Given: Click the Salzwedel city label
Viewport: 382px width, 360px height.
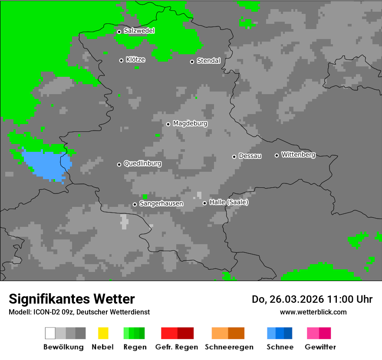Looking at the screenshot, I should tap(139, 31).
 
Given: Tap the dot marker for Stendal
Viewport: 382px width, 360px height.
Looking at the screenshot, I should tap(192, 62).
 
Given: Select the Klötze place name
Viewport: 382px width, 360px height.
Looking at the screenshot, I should tap(135, 60).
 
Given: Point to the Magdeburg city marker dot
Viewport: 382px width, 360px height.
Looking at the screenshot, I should tap(168, 124).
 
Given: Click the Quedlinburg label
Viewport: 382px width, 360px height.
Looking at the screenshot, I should tap(142, 164).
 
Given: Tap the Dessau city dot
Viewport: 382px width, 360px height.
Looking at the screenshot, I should tap(234, 157).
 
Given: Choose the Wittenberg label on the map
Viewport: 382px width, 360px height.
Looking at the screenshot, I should tap(298, 155).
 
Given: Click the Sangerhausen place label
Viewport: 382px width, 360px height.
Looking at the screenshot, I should tap(161, 203).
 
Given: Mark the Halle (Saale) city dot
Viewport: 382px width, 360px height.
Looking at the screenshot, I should tap(204, 203).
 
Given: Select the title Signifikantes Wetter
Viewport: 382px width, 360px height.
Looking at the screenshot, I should tap(72, 299).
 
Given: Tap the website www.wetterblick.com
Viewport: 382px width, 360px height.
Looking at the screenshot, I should tap(313, 312).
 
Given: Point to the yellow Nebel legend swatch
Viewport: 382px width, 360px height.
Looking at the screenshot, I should tap(103, 333).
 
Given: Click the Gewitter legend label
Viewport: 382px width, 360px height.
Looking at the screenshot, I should tap(320, 347).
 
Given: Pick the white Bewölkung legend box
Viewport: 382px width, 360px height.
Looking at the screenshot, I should tap(50, 333).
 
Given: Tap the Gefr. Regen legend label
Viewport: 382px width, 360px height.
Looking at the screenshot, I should tap(177, 347).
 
